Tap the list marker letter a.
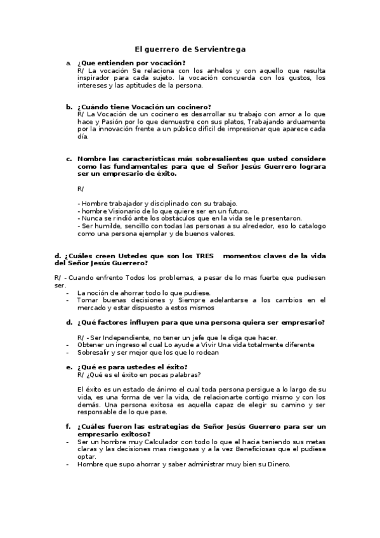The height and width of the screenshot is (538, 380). [x=69, y=63]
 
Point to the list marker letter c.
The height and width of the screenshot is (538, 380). [x=69, y=159]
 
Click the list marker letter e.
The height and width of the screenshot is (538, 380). [x=69, y=367]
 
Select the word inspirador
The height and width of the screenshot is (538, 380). [x=96, y=78]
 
